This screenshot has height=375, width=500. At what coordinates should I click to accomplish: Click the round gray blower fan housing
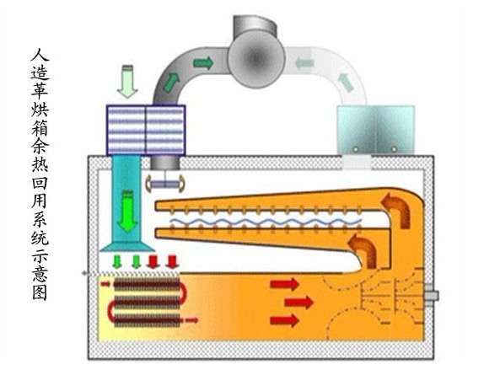point(256,59)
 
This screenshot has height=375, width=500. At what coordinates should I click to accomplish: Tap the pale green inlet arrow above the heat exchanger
point(127,81)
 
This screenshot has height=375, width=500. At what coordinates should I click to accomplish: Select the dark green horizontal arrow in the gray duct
point(203,62)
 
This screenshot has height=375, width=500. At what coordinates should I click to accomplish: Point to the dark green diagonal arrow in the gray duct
point(171,83)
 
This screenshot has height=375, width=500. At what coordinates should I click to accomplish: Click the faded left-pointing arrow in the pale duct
point(304,62)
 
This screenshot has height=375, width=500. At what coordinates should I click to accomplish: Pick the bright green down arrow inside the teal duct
point(127,212)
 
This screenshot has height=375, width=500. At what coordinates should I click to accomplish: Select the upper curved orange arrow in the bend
point(396,209)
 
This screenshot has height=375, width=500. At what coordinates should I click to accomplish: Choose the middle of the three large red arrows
point(298,302)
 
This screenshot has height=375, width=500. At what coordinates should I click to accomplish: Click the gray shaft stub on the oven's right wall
point(432,296)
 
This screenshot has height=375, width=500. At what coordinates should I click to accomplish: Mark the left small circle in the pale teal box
point(356,149)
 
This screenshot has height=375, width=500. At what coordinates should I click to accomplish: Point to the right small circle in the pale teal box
point(394,149)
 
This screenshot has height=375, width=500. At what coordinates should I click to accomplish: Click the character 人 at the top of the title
point(40,55)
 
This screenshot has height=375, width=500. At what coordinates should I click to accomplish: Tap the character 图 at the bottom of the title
point(40,292)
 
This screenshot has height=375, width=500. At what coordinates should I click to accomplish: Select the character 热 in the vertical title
point(40,163)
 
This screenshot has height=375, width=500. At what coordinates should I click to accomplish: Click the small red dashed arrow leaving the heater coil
point(191,320)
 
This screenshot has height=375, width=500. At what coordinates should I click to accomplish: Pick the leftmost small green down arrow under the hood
point(117,261)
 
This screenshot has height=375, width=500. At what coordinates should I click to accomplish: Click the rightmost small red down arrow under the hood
point(173,261)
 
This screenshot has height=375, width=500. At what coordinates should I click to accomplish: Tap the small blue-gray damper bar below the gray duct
point(165,185)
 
